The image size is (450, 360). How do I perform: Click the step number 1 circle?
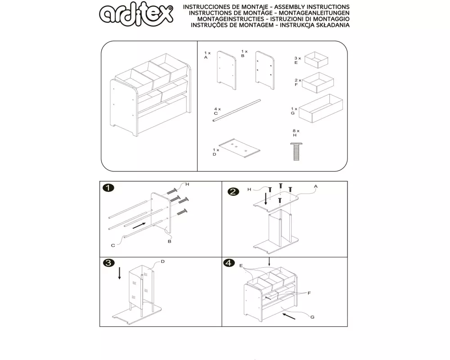click(108, 188)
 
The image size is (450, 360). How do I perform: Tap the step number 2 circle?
click(233, 192)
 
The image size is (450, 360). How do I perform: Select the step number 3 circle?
click(108, 263)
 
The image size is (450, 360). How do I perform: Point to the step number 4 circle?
click(229, 263)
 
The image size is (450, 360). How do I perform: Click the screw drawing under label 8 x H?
click(297, 151)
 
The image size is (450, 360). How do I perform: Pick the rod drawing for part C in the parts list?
click(237, 111)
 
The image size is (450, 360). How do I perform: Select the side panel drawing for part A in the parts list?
click(226, 70)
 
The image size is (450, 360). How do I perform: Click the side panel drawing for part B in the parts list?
click(265, 70)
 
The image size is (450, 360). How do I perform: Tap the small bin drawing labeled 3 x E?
click(316, 60)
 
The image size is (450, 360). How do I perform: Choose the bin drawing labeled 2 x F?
click(318, 83)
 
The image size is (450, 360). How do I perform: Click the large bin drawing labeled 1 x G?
click(320, 108)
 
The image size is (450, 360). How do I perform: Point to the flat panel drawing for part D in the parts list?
click(239, 148)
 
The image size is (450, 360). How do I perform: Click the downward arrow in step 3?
click(119, 273)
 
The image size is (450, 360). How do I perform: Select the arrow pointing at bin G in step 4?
click(289, 316)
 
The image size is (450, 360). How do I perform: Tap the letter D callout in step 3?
click(163, 261)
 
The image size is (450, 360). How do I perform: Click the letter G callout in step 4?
click(312, 317)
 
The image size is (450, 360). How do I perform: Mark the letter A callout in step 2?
click(316, 186)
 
